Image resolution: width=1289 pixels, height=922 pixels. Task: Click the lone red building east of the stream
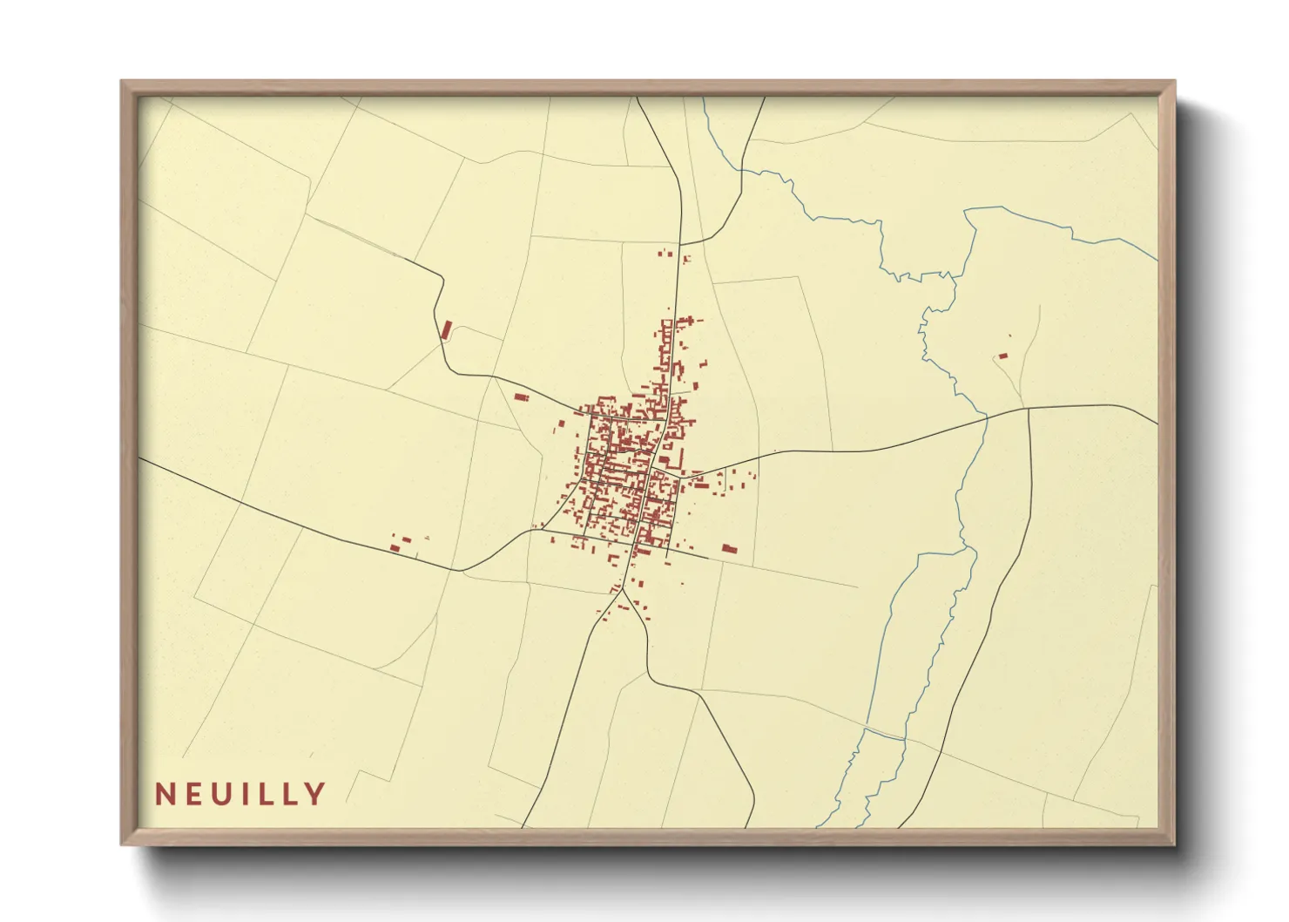(1002, 356)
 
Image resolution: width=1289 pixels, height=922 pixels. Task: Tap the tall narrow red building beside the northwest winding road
(447, 329)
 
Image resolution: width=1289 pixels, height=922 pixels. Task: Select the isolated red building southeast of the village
(729, 549)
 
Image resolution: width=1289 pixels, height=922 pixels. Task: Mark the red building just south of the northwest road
(521, 397)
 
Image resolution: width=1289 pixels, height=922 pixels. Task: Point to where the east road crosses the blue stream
(987, 417)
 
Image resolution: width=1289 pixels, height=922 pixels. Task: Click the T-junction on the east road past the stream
(1029, 408)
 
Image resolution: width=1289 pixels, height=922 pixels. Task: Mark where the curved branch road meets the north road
(680, 245)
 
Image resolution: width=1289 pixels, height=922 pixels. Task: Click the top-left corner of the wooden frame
(122, 82)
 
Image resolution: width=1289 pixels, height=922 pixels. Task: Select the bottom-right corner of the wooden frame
(1175, 844)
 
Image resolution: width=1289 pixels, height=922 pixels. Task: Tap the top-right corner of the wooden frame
(1175, 82)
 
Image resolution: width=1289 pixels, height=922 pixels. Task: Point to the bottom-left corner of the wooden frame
(122, 844)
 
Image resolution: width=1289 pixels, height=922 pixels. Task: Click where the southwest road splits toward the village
(462, 571)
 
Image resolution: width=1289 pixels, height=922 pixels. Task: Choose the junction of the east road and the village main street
(654, 471)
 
